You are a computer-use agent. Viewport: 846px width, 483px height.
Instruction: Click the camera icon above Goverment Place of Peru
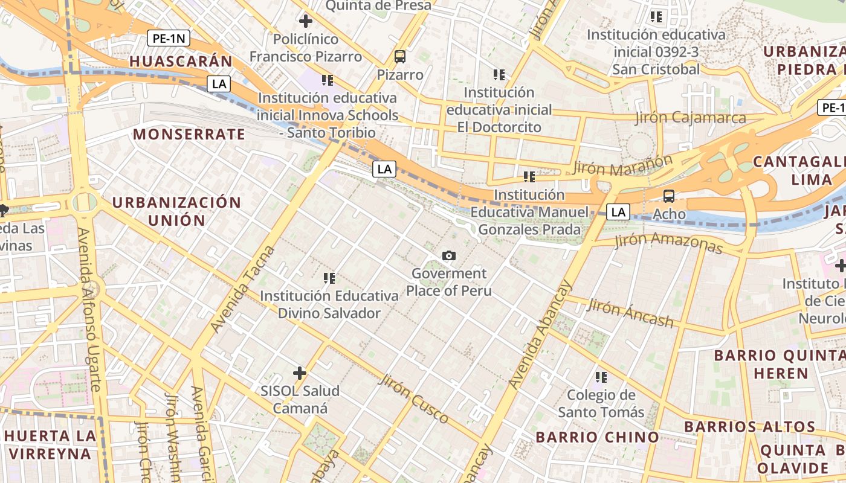pyautogui.click(x=448, y=256)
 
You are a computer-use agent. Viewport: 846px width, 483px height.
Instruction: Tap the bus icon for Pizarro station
pyautogui.click(x=399, y=57)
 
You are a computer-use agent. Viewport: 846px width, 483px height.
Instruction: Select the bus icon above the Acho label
pyautogui.click(x=669, y=196)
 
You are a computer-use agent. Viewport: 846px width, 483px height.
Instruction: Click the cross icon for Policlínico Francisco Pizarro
pyautogui.click(x=306, y=21)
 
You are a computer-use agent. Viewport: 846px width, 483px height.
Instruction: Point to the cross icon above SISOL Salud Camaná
pyautogui.click(x=299, y=373)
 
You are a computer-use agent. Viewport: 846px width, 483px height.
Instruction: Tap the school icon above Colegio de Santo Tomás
pyautogui.click(x=601, y=377)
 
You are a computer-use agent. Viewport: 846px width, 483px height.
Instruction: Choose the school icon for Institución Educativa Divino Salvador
pyautogui.click(x=329, y=278)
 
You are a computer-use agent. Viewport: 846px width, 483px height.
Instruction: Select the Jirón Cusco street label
pyautogui.click(x=414, y=399)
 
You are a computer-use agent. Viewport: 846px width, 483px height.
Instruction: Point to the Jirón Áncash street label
pyautogui.click(x=630, y=313)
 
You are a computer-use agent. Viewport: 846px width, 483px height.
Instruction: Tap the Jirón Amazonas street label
pyautogui.click(x=668, y=243)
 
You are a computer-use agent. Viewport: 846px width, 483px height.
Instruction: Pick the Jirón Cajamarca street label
pyautogui.click(x=690, y=118)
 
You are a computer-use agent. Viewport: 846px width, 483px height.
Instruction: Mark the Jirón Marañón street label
pyautogui.click(x=622, y=165)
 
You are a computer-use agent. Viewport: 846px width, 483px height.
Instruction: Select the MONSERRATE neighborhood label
pyautogui.click(x=189, y=134)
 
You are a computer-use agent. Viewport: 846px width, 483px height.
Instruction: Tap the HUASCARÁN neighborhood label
pyautogui.click(x=181, y=61)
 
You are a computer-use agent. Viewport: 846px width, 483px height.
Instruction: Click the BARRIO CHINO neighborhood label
pyautogui.click(x=597, y=437)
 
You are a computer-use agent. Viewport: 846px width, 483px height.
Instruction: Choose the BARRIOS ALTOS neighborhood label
pyautogui.click(x=749, y=427)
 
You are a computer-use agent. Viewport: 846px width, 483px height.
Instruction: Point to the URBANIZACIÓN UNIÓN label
pyautogui.click(x=176, y=211)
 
